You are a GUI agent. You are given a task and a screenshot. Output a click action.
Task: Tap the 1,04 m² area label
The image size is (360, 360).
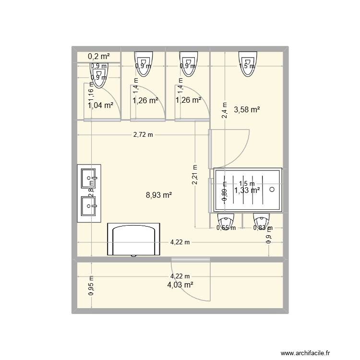coord(100,105)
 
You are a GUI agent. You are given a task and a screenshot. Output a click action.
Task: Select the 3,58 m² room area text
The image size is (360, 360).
coord(247,110)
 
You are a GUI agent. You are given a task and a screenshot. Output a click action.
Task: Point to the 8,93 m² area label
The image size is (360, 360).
coord(159,195)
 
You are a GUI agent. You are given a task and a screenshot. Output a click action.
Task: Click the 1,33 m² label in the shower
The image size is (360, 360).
coord(247,191)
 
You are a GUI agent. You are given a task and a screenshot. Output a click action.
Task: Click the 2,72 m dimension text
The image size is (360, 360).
coord(143,135)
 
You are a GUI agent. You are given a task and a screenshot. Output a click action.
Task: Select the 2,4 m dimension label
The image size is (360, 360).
coord(224,110)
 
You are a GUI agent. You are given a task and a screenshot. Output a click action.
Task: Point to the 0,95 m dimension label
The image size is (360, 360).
coord(91,287)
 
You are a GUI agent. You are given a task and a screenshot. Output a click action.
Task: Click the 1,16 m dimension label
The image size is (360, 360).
coord(89,91)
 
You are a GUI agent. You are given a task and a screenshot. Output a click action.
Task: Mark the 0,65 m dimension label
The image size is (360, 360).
coord(226,228)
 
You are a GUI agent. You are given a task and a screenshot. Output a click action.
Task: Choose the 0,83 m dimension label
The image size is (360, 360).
coord(263,228)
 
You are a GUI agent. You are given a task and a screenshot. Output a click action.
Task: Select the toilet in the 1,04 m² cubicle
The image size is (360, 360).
coord(99,78)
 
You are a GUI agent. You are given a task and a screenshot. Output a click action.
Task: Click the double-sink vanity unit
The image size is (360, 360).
coord(89,193)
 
